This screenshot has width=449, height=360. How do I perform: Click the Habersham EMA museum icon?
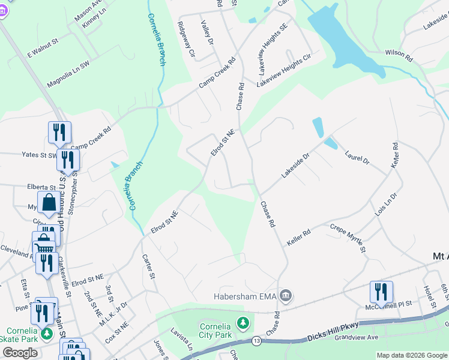pos(286,296)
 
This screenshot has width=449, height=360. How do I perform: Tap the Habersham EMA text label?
pos(247,296)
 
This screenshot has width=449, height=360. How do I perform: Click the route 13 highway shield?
pos(256,340)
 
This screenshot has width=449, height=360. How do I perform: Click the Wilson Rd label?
pos(399,56)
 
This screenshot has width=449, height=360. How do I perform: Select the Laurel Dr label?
pos(358,157)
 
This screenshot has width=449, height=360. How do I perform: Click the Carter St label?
pos(149,267)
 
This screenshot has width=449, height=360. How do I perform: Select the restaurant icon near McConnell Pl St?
pos(381,292)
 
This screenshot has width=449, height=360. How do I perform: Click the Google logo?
pos(20,353)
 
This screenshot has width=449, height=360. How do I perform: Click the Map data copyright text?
pos(412,355)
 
